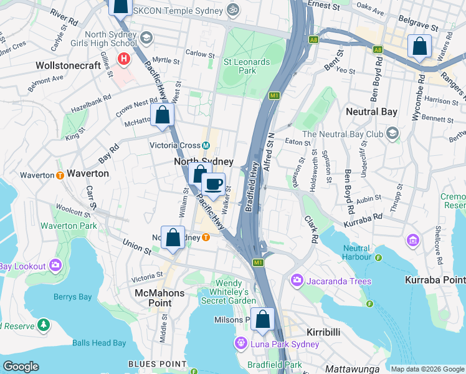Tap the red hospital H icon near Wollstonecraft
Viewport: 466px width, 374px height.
tap(125, 59)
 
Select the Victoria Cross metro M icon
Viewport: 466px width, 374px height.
tap(206, 146)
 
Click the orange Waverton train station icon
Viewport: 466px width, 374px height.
tap(60, 175)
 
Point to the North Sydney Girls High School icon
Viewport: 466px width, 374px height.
tap(146, 37)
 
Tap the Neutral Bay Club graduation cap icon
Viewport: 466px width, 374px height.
tap(392, 133)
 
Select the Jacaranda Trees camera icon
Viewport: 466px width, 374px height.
tap(296, 281)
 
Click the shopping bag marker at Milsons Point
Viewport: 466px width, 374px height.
tap(263, 319)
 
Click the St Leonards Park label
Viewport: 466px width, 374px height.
tap(247, 66)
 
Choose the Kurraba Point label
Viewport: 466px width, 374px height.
tap(434, 280)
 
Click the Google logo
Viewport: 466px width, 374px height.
tap(21, 366)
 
